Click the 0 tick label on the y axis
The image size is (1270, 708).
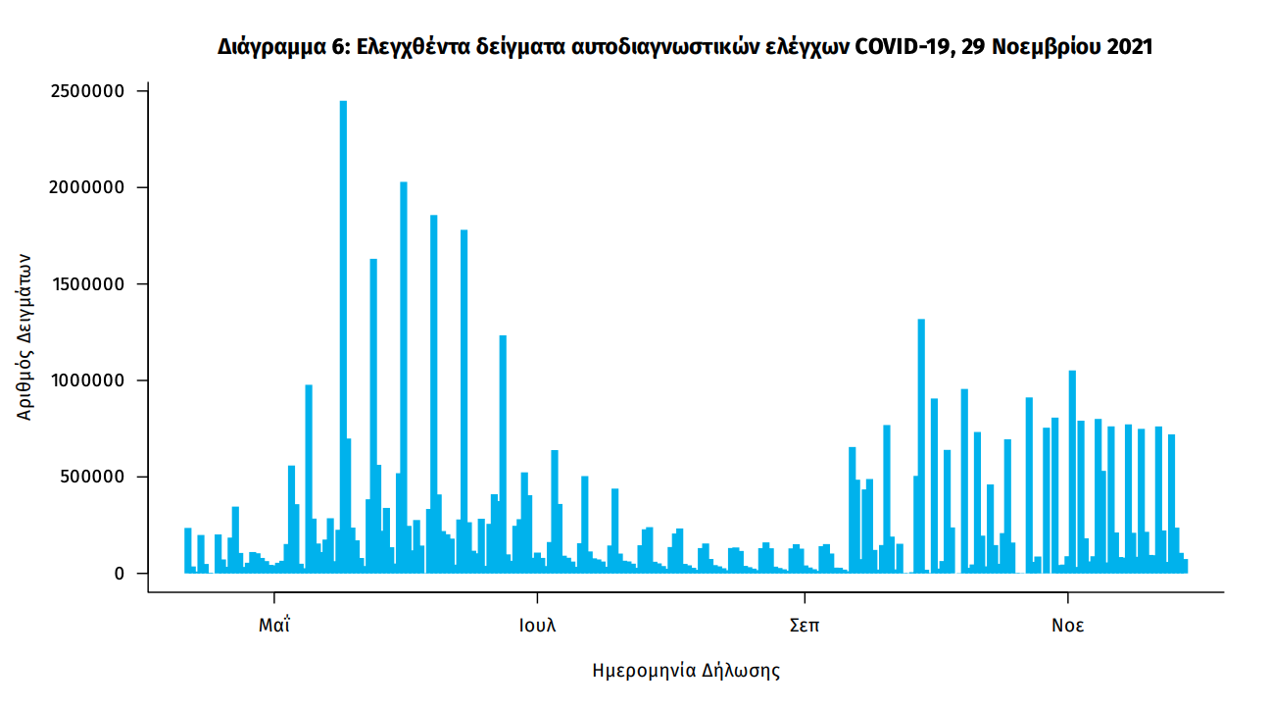point(120,573)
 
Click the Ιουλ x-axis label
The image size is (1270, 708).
point(537,626)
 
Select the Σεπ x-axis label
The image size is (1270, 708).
point(805,626)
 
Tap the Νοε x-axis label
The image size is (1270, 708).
point(1068,626)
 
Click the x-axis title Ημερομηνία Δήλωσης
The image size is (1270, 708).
point(686,671)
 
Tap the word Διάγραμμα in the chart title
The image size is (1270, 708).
point(266,46)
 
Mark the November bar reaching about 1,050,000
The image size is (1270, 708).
point(1072,471)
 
